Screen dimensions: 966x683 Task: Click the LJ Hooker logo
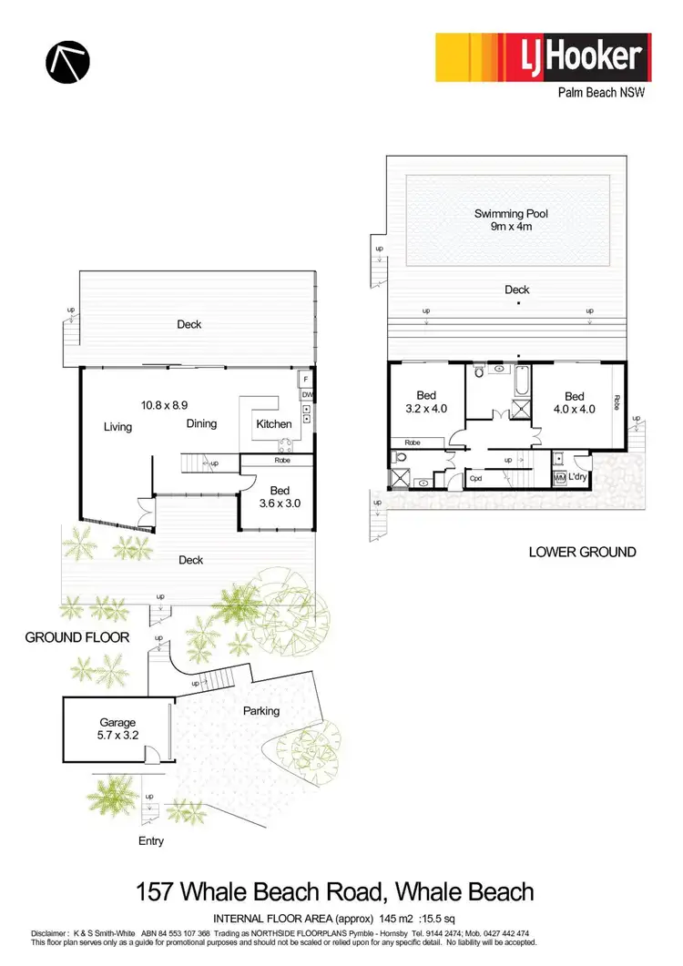click(x=544, y=59)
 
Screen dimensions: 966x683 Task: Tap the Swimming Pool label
click(x=511, y=219)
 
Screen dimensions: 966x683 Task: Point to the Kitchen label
click(x=274, y=424)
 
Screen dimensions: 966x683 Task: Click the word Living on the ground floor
click(x=117, y=427)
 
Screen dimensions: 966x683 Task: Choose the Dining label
click(x=201, y=424)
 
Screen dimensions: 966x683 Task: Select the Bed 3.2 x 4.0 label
click(x=426, y=402)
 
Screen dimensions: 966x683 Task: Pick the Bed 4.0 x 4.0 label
click(x=574, y=402)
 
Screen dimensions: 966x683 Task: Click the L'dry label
click(x=578, y=477)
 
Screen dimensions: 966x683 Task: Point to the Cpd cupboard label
click(x=475, y=477)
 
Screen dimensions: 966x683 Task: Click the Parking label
click(x=261, y=711)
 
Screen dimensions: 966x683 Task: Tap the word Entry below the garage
click(x=151, y=841)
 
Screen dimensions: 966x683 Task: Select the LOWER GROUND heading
click(x=582, y=552)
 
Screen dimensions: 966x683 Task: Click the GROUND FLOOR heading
click(x=76, y=638)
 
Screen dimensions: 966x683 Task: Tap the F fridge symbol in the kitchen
click(x=305, y=378)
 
